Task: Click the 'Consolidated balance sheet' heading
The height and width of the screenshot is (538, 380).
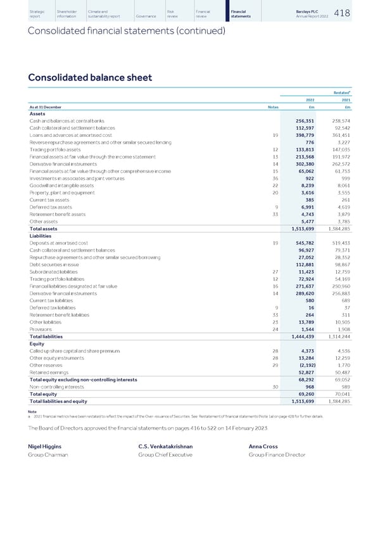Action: pyautogui.click(x=90, y=77)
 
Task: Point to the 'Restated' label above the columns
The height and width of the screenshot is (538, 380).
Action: pyautogui.click(x=341, y=92)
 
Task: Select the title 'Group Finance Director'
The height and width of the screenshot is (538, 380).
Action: pyautogui.click(x=276, y=455)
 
